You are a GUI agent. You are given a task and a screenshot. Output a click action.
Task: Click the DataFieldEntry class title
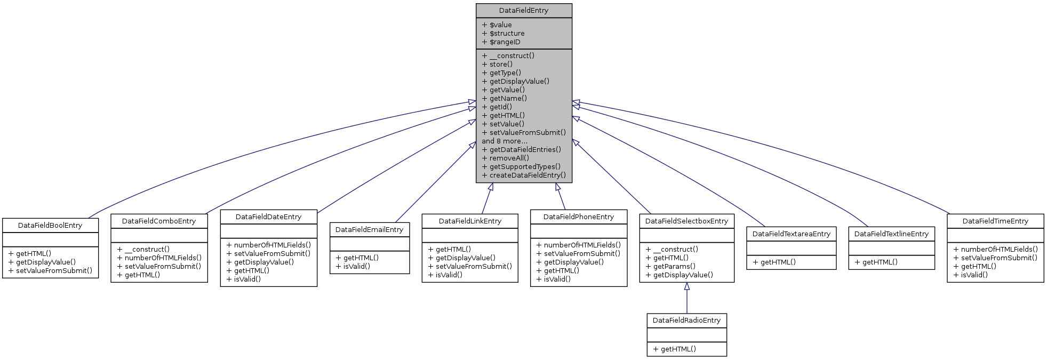523,11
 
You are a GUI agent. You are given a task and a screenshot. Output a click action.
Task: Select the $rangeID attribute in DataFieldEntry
505,42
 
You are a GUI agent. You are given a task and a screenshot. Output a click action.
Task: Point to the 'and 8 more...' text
504,141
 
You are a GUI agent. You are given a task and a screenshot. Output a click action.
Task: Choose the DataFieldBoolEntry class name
50,226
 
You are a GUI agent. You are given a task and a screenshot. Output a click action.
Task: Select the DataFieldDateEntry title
268,217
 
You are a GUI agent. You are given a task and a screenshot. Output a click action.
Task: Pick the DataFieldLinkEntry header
470,221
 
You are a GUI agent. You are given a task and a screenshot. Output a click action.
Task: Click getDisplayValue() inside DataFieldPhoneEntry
573,262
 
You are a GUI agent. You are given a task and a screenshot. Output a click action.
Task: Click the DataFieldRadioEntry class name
686,321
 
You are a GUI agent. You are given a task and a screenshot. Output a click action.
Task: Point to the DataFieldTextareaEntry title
791,234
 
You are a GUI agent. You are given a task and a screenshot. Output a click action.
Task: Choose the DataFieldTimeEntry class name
995,221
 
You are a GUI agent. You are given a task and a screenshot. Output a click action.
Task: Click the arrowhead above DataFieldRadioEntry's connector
687,286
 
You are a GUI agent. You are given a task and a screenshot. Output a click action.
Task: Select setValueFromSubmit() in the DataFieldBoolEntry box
54,271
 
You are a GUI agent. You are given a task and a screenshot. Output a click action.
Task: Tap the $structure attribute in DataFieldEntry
507,34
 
